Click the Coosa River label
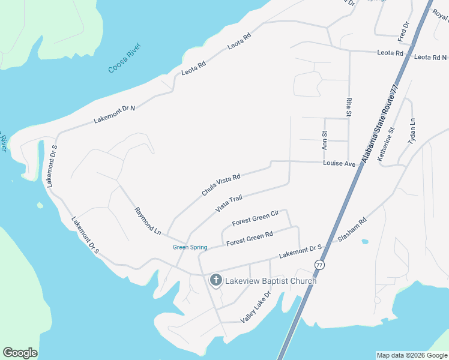click(x=124, y=58)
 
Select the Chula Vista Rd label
click(x=221, y=185)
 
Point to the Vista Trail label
click(x=228, y=203)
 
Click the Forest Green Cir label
click(x=256, y=218)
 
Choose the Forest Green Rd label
click(x=250, y=238)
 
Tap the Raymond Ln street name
click(x=148, y=221)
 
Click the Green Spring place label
click(x=190, y=247)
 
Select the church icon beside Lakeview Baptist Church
click(x=215, y=280)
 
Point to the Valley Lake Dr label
click(x=256, y=307)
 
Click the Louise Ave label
click(x=339, y=163)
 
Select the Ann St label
click(x=325, y=140)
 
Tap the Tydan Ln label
click(x=412, y=131)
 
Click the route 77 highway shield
click(x=319, y=265)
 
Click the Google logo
click(x=20, y=353)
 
